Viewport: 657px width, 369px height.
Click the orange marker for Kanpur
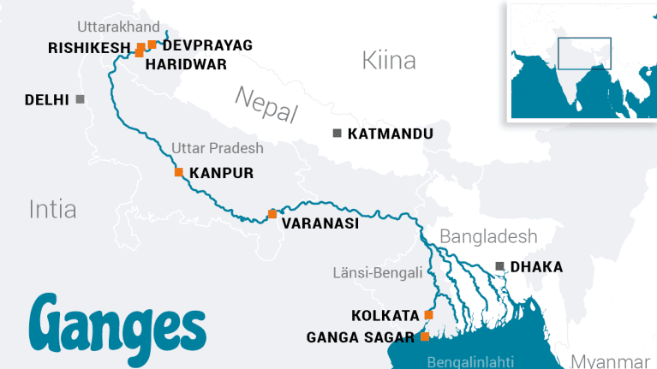[x=179, y=172]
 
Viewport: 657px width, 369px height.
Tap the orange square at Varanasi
[x=272, y=214]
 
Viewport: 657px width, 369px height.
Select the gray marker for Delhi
[x=81, y=99]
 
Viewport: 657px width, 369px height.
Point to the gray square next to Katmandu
[x=337, y=133]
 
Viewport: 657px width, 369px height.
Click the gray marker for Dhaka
[x=500, y=266]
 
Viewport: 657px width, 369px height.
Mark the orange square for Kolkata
[x=429, y=315]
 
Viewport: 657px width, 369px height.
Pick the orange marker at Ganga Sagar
[x=425, y=336]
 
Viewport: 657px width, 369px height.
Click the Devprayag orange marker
[x=152, y=45]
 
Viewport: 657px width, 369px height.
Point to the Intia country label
[x=52, y=208]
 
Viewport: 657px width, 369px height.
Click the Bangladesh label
[x=488, y=236]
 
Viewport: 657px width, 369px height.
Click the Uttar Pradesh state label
[x=218, y=148]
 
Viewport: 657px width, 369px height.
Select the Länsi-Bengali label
[x=378, y=273]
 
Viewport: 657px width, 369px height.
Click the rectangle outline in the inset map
[x=584, y=53]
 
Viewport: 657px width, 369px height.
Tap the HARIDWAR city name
[x=187, y=63]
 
